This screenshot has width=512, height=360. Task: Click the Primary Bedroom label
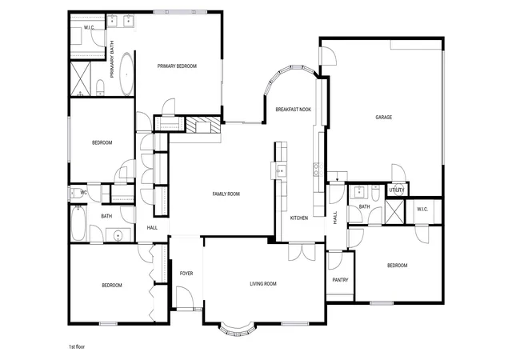click(x=177, y=66)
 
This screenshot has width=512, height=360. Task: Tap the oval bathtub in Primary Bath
click(x=126, y=74)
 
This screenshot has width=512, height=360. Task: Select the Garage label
click(x=384, y=118)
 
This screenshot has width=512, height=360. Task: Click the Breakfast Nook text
click(x=294, y=110)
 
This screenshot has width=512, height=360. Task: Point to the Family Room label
click(x=226, y=194)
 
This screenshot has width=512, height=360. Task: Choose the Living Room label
click(x=263, y=284)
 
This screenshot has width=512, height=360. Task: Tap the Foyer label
click(x=186, y=274)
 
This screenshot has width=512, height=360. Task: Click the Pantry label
click(x=340, y=280)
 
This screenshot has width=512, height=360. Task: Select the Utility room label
click(x=397, y=190)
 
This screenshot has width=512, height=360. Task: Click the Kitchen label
click(x=299, y=218)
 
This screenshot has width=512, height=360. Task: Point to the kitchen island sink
click(x=281, y=171)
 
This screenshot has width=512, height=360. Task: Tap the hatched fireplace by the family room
click(x=203, y=125)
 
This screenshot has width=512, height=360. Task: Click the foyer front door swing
click(x=185, y=297)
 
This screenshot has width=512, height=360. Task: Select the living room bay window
click(x=238, y=330)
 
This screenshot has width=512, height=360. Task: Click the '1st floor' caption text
click(x=77, y=346)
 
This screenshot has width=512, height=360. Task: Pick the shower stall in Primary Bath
click(x=81, y=78)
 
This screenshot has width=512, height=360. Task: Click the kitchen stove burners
click(x=318, y=170)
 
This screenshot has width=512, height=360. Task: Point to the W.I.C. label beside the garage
click(x=422, y=210)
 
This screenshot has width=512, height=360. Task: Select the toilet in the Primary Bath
click(x=101, y=88)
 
